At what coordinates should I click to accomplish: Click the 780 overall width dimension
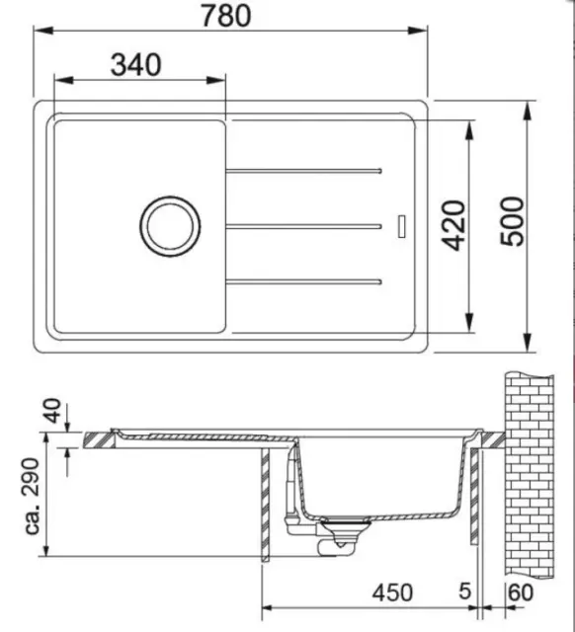pos(226,16)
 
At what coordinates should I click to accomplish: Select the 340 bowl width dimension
pos(136,65)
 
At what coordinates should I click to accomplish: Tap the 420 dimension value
pos(454,226)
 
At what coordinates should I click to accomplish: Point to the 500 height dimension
pos(512,221)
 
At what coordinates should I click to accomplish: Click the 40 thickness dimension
pos(52,411)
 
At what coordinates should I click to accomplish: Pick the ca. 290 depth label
pos(33,496)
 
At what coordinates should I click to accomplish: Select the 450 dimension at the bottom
pos(392,593)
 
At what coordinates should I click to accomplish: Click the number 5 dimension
pos(465,592)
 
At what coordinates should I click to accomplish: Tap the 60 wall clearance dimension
pos(521,592)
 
